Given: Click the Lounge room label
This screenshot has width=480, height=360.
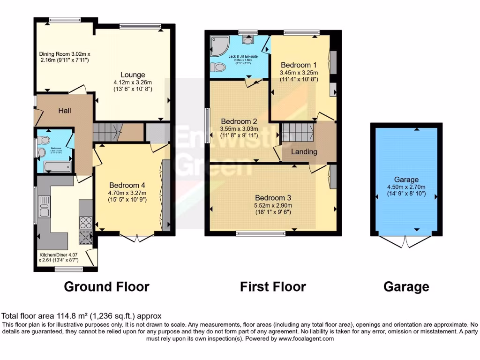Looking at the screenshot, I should (133, 75).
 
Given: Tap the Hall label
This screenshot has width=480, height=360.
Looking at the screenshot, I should (65, 111).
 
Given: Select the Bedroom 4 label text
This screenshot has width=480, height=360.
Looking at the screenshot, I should (127, 185).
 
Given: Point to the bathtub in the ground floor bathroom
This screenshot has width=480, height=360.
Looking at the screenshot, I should (56, 166).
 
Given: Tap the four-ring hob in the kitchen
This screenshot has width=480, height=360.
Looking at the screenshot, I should (86, 220).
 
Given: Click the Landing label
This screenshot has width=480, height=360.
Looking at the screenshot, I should (304, 151).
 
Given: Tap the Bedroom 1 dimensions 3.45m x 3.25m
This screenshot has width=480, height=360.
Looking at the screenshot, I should (299, 73).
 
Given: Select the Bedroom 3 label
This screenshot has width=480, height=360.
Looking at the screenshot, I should (273, 198).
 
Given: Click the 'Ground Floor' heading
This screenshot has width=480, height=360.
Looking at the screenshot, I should (106, 286).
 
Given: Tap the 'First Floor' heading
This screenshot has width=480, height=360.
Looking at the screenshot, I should (273, 286).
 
